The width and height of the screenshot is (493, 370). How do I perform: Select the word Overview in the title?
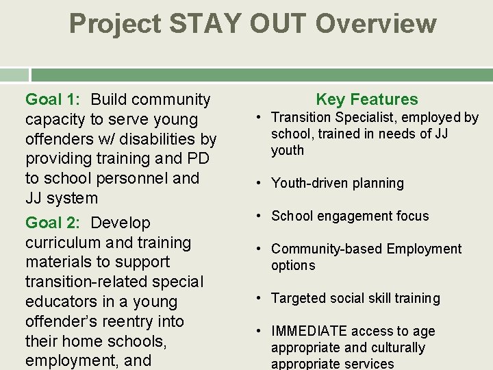click(375, 24)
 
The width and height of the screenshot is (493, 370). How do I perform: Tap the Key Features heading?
click(366, 99)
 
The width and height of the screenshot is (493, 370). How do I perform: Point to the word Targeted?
click(299, 299)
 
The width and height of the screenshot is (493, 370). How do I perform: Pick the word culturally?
click(392, 348)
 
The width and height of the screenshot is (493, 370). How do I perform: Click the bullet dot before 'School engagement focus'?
click(261, 217)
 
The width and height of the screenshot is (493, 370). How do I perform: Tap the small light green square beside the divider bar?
click(14, 75)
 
